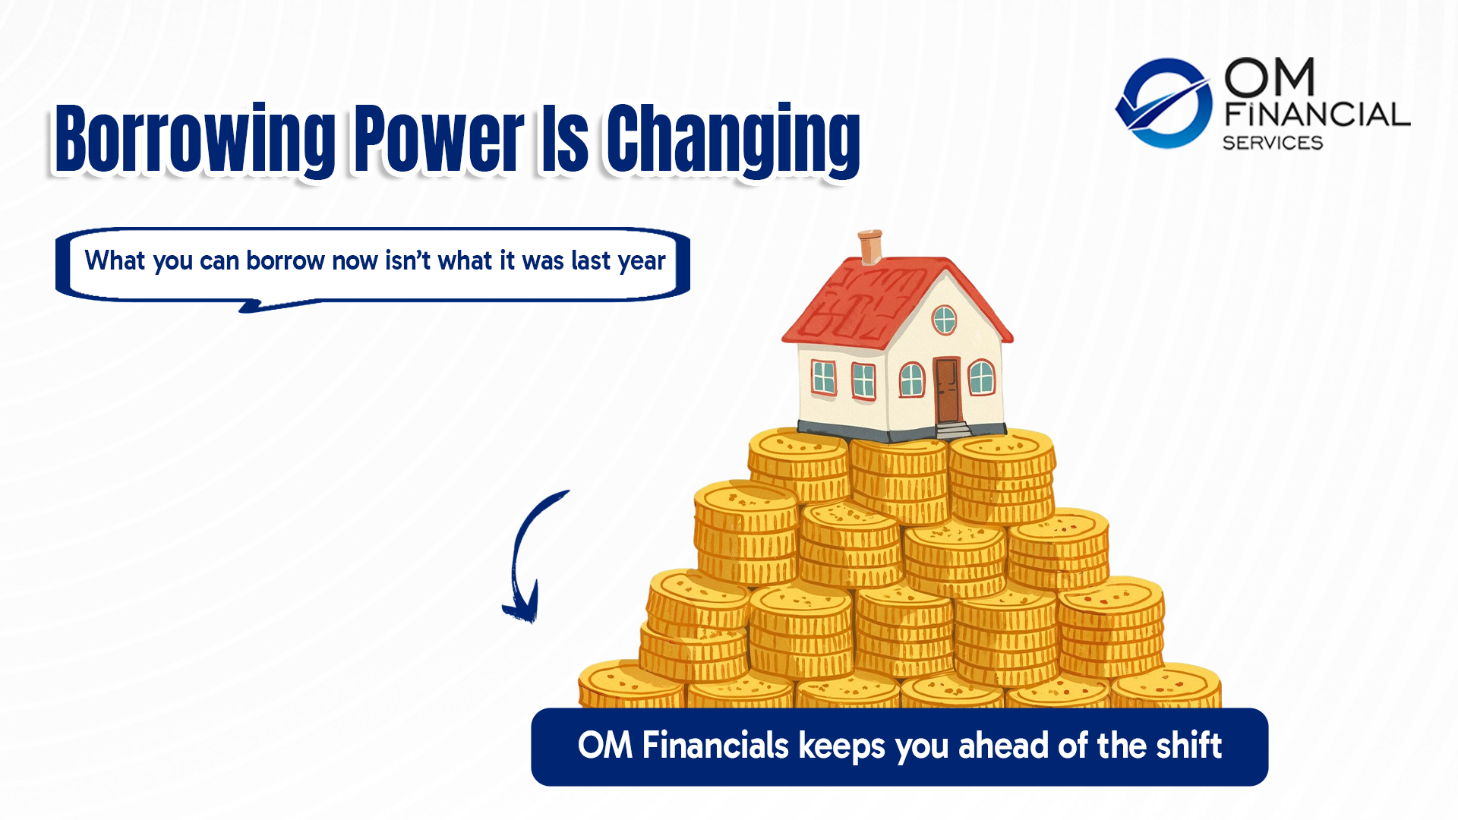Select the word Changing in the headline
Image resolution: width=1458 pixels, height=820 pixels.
click(733, 140)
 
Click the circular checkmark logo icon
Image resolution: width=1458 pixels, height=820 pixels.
click(1163, 102)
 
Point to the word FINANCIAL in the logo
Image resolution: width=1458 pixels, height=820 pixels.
click(1318, 115)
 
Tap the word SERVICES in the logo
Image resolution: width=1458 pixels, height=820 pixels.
click(1273, 143)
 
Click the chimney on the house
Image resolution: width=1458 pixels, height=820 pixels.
click(870, 246)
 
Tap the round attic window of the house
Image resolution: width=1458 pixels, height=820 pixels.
click(944, 320)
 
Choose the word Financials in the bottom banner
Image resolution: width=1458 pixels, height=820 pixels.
click(715, 746)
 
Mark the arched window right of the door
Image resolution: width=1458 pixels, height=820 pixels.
click(981, 377)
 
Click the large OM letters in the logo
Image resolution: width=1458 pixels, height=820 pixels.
click(1269, 77)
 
